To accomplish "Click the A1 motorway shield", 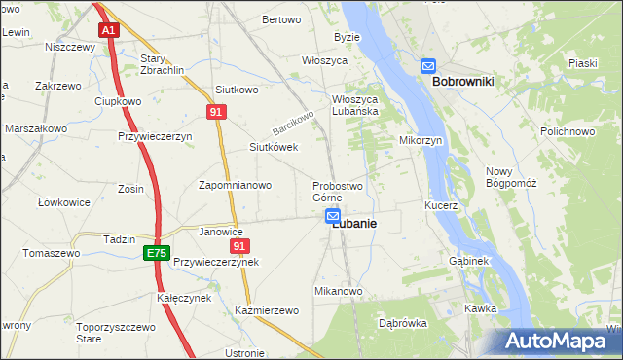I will [x=109, y=30].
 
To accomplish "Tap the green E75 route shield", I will [x=156, y=253].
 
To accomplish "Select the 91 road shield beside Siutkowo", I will [x=217, y=113].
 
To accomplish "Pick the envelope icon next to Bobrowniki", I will [x=428, y=66].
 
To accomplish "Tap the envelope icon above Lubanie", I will [x=333, y=216].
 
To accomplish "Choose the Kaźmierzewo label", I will [x=266, y=310].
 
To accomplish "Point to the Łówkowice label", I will [x=64, y=202].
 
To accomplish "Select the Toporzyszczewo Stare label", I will [x=115, y=334].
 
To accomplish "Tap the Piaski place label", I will [x=583, y=63].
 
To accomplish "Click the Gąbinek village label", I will [x=469, y=262].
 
